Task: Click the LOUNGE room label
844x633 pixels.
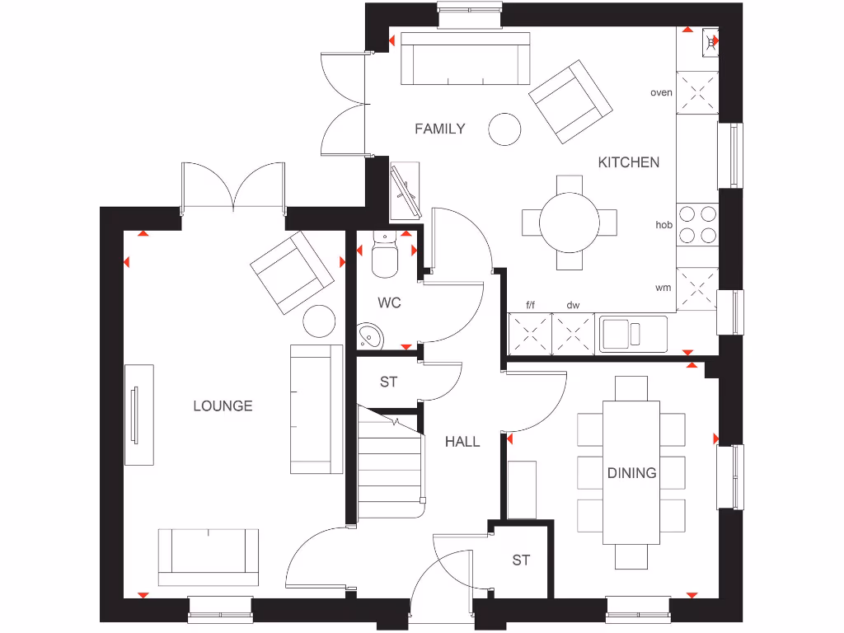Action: pos(223,406)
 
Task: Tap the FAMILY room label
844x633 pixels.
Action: pos(439,129)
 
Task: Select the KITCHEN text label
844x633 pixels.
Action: pos(628,162)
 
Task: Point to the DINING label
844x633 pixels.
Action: pos(631,472)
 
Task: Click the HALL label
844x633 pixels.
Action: pos(462,442)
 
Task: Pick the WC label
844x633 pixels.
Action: pos(389,302)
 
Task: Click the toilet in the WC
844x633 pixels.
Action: pos(384,256)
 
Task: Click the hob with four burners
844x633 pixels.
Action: pos(697,223)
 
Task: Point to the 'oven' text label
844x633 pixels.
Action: pos(661,92)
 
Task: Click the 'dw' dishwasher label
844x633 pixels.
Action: pos(572,305)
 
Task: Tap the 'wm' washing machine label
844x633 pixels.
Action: pos(662,288)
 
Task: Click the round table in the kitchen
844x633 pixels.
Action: pos(569,223)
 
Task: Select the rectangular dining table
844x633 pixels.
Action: pos(631,472)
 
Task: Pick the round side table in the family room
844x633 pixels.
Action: pos(504,129)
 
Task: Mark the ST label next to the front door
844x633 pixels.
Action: pos(520,560)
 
